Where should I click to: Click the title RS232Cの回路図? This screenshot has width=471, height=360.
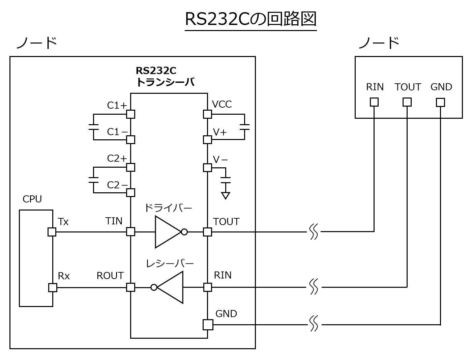(x=251, y=19)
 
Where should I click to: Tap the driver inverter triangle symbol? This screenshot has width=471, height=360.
(x=167, y=232)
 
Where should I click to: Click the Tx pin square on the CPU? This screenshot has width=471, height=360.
(x=52, y=232)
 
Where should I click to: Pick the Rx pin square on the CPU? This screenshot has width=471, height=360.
(x=53, y=287)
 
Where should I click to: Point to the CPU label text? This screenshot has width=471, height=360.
(x=32, y=199)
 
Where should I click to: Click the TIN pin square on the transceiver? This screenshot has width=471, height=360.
(x=130, y=232)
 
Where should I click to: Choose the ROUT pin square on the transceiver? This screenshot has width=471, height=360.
(x=130, y=287)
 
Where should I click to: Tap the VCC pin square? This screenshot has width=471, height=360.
(x=207, y=114)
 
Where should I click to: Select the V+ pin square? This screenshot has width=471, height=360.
(x=207, y=139)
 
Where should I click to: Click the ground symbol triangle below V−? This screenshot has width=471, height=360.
(x=226, y=195)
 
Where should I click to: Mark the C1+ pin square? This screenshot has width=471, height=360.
(x=130, y=114)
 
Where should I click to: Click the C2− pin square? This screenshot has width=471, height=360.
(x=130, y=193)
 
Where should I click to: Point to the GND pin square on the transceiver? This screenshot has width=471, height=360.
(x=208, y=325)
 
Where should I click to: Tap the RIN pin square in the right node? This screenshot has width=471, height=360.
(x=374, y=102)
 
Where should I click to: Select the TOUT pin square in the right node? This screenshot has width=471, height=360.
(x=407, y=102)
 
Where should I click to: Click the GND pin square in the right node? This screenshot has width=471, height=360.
(x=440, y=102)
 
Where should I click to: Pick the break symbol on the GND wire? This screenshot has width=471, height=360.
(x=314, y=324)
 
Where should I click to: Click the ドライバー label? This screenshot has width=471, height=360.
(x=168, y=208)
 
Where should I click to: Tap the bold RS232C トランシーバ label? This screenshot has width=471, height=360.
(x=165, y=76)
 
